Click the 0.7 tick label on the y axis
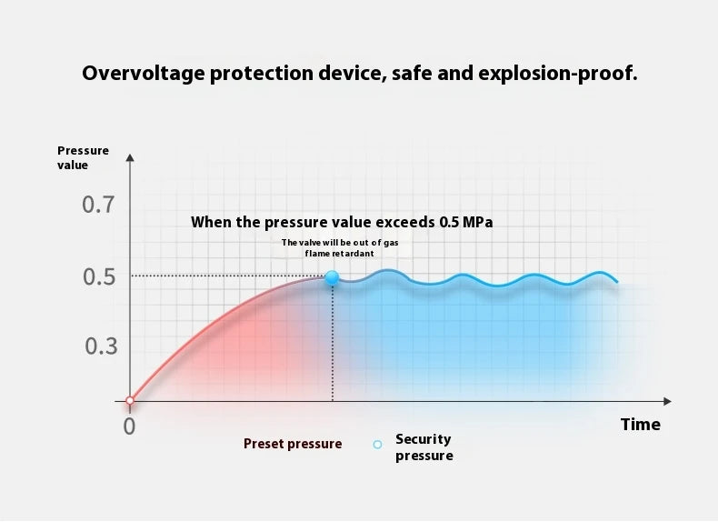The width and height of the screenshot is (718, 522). [98, 205]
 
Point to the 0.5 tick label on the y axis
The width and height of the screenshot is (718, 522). [98, 276]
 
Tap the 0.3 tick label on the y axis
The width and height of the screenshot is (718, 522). [101, 346]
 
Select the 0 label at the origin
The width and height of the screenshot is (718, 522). [129, 425]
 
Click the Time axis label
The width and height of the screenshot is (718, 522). [640, 425]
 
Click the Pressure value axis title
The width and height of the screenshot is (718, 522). [83, 157]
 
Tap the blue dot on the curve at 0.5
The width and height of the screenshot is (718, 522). [332, 277]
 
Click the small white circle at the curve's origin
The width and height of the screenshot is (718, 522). [130, 400]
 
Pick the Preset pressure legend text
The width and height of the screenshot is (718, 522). [293, 444]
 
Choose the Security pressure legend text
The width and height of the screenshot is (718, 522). [424, 447]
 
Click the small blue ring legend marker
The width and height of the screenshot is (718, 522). [377, 445]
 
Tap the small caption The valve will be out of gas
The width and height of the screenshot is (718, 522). [339, 242]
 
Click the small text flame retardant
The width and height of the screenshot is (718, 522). [339, 254]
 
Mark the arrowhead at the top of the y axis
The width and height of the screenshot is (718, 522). [130, 158]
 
